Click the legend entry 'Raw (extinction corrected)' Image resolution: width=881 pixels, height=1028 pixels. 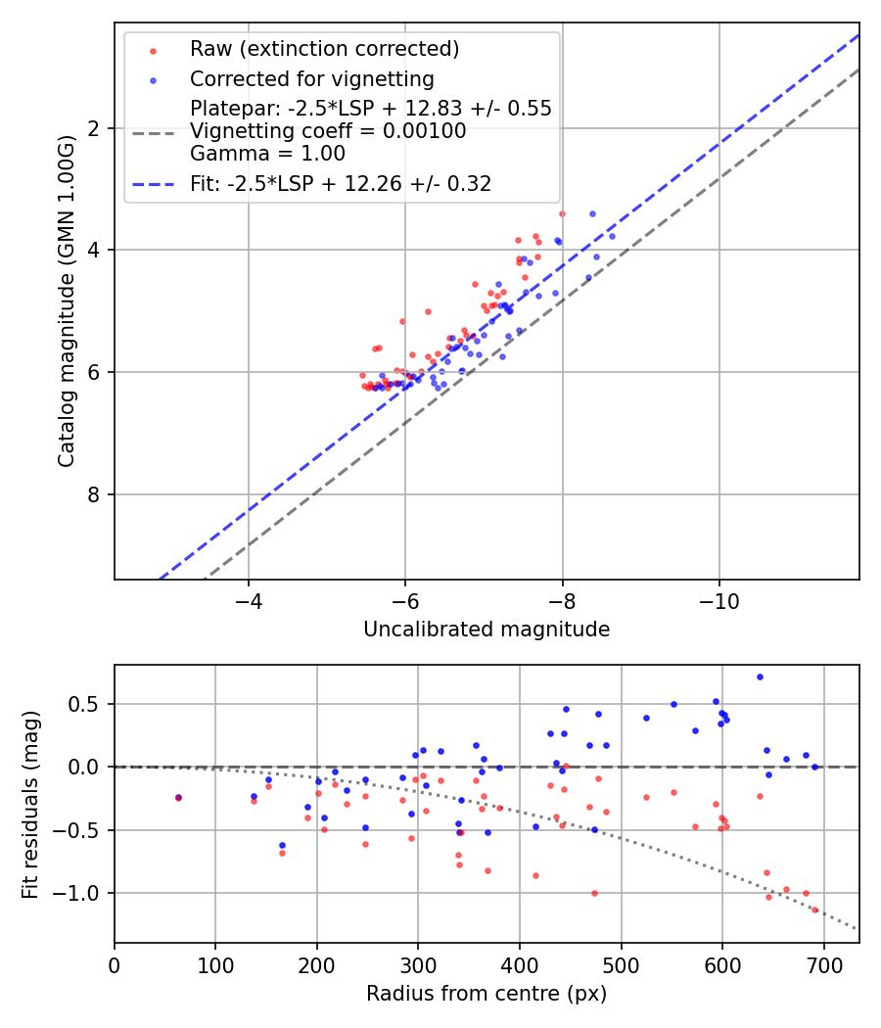tap(324, 49)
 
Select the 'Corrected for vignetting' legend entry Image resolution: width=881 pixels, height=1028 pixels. tap(311, 78)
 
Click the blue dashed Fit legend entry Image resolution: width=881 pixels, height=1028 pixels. tap(341, 183)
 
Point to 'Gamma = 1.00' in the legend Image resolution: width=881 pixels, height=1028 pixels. tap(267, 153)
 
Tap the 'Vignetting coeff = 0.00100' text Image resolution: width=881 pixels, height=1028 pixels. tap(328, 130)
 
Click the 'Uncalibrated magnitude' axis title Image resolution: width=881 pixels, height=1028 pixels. tap(487, 630)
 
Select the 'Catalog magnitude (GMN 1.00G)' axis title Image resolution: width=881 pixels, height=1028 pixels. tap(66, 301)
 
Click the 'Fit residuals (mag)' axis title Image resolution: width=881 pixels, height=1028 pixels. tap(30, 804)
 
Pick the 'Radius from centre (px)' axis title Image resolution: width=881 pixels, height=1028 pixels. tap(487, 994)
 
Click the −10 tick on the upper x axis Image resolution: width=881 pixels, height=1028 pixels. tap(719, 598)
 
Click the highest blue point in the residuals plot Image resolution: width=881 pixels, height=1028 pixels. tap(760, 677)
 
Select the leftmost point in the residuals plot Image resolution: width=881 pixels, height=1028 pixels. tap(178, 798)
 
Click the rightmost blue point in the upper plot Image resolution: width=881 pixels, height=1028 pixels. tap(612, 236)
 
